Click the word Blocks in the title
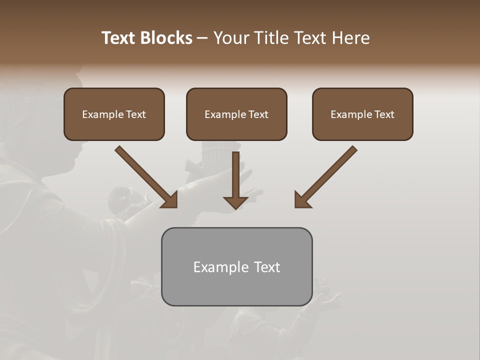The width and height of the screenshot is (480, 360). point(166,38)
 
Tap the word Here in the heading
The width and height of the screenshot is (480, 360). point(350,38)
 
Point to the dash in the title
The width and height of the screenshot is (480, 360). point(202,38)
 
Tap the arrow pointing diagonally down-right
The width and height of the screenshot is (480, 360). point(147,177)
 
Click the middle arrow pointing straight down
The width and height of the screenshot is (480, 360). point(235,180)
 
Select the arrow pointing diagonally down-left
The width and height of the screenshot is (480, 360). point(325,177)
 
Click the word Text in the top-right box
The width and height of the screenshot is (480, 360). point(384,114)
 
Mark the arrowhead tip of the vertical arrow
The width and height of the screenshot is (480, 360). point(235,208)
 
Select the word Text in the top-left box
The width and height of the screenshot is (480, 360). point(136,114)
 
